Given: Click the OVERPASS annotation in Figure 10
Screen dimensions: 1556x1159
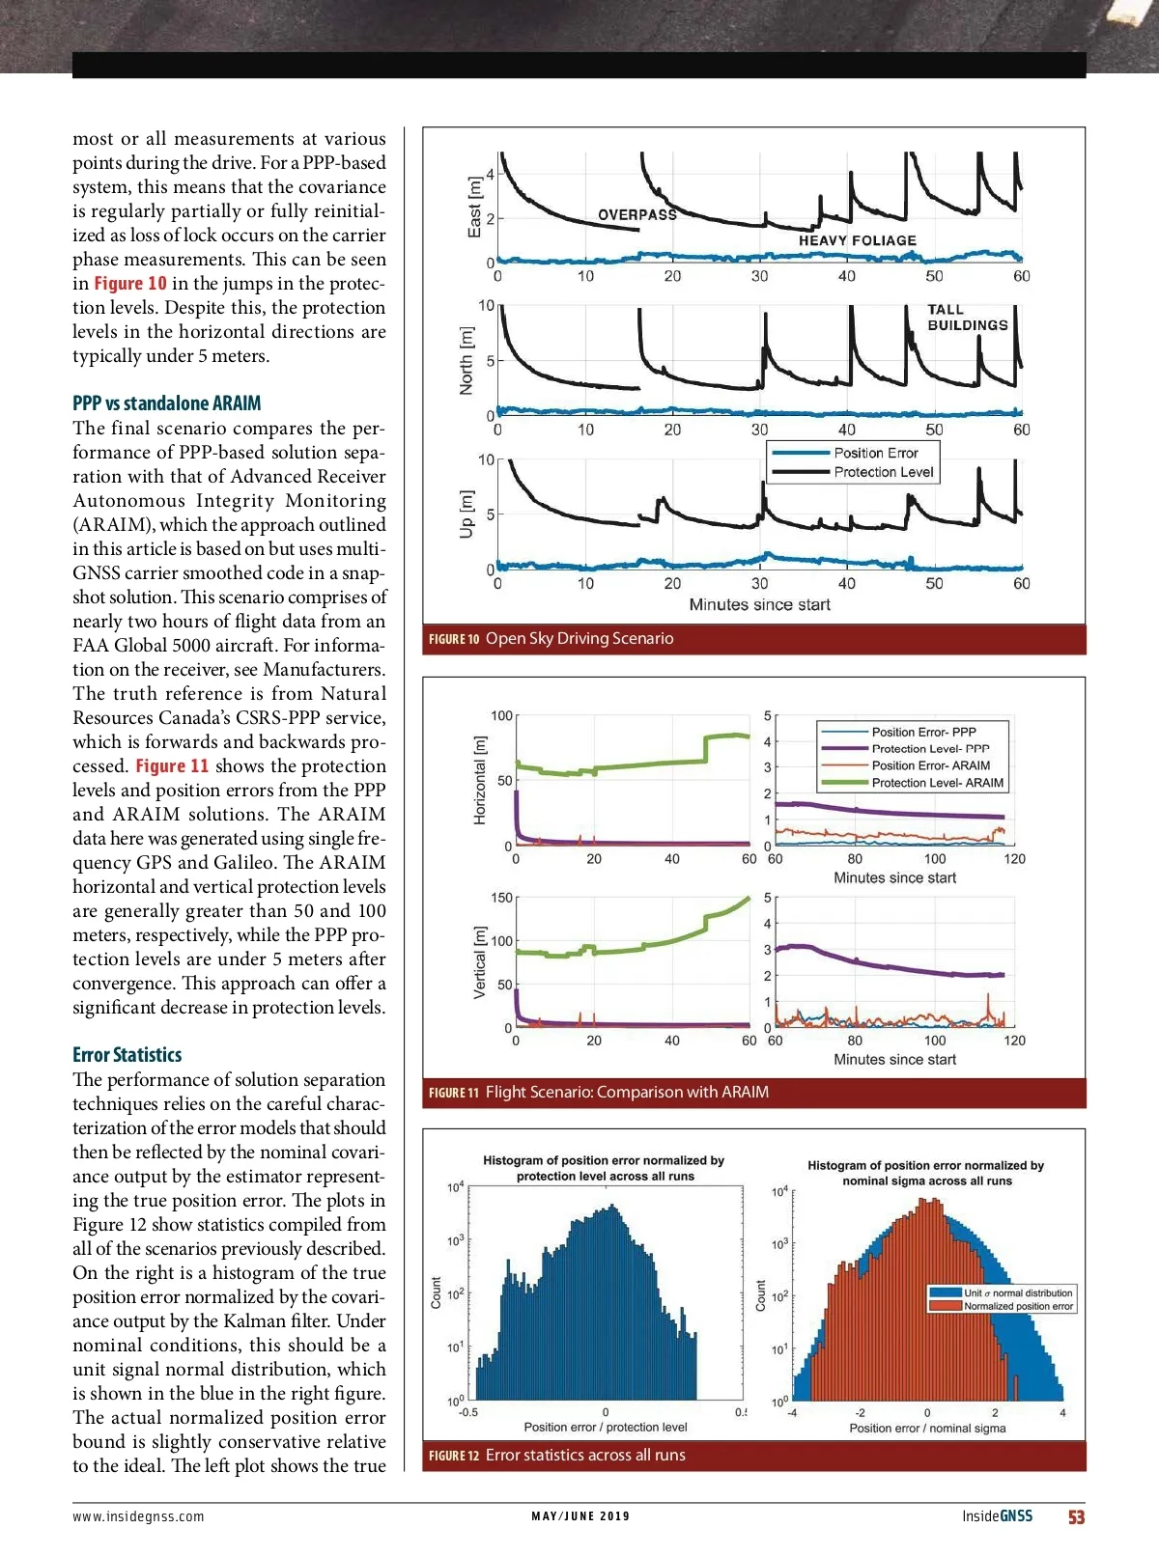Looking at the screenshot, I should [637, 214].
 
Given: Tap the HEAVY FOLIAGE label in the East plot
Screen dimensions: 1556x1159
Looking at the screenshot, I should [857, 240].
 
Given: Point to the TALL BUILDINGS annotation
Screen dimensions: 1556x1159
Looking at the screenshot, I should [967, 318].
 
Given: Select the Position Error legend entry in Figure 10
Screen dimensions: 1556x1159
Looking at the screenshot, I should [875, 453].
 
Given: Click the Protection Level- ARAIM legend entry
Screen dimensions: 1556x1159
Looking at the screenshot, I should [937, 783].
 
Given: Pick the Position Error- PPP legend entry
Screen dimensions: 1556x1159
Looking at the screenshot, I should [923, 732].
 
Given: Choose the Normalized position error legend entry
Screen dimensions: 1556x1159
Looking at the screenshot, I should [1018, 1306].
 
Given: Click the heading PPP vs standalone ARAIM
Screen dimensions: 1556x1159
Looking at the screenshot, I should [166, 403].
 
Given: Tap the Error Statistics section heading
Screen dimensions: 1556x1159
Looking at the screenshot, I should [127, 1055].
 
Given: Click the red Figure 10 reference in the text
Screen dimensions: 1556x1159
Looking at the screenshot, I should [129, 284].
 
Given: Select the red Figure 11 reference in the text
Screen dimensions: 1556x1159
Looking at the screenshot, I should [172, 766].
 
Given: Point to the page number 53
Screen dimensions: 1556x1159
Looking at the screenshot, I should [1076, 1517].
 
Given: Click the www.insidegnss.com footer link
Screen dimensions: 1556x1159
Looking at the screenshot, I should [138, 1516].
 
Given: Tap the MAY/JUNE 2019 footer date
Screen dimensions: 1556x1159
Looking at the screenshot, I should [580, 1516].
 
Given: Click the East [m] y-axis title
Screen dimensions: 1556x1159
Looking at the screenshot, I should [473, 207].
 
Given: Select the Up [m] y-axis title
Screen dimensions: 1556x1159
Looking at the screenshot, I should [466, 514].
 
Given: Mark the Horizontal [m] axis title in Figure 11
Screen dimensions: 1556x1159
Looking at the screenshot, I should [479, 780].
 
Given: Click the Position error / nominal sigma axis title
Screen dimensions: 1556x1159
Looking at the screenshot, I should [927, 1429].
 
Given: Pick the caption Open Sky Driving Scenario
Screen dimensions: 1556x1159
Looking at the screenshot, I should [579, 638].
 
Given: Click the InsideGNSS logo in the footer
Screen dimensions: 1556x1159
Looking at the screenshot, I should [997, 1516].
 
